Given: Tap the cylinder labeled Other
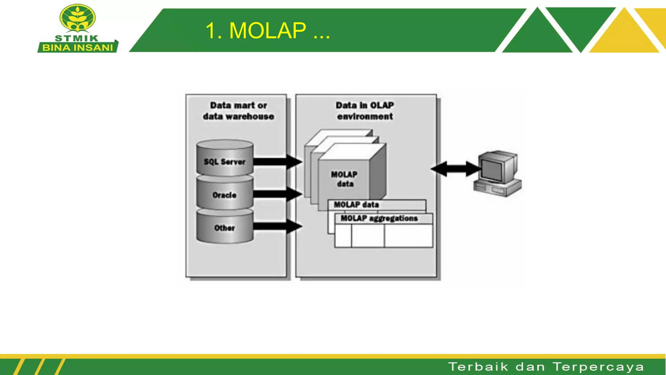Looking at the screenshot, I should [225, 227].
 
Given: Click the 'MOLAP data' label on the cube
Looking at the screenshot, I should [344, 179].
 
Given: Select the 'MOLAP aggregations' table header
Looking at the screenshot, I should [379, 218].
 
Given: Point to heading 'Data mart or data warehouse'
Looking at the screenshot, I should [238, 111].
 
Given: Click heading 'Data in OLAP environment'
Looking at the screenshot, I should [365, 111].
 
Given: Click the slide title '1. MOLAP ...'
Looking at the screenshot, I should [267, 31].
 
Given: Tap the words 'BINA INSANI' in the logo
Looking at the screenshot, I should [77, 48].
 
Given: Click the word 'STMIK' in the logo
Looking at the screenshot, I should [77, 38].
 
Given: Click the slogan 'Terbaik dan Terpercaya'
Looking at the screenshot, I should [546, 367].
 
